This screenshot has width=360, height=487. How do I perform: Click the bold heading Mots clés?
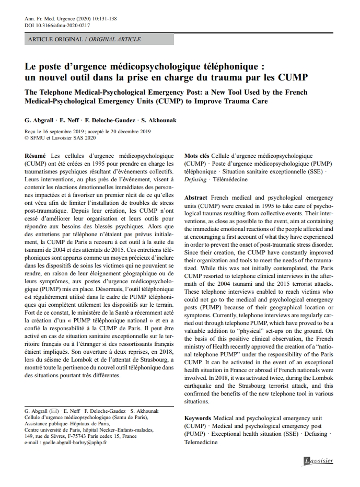coord(197,156)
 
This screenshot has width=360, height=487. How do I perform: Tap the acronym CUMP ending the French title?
coord(294,78)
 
